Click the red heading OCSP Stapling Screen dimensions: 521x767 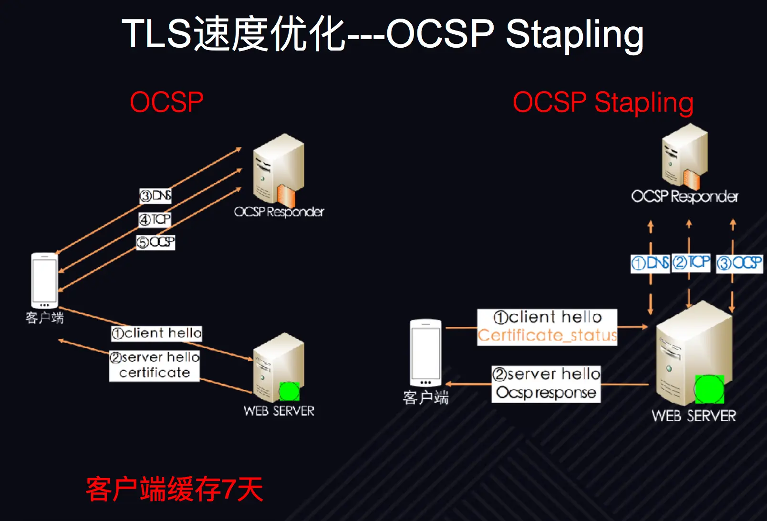tap(603, 103)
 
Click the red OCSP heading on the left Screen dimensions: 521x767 tap(166, 102)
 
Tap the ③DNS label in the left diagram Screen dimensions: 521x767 tap(155, 196)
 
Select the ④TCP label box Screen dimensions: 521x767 tap(155, 219)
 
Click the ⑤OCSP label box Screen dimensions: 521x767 tap(156, 242)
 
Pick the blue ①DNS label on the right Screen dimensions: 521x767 tap(650, 263)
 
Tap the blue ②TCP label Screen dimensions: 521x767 tap(691, 262)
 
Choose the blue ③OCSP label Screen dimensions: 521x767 tap(739, 263)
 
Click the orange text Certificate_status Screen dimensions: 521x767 tap(547, 335)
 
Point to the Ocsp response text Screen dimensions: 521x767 tap(546, 393)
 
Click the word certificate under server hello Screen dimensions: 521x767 tap(155, 373)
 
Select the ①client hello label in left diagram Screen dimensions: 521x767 tap(156, 333)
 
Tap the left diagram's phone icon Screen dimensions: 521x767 tap(44, 281)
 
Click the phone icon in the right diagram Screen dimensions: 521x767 tap(425, 353)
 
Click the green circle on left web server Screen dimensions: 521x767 tap(289, 391)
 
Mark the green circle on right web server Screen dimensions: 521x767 tap(709, 389)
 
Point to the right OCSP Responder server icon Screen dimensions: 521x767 tap(684, 157)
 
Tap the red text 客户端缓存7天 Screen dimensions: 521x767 tap(175, 490)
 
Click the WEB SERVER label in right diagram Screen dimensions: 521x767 tap(694, 416)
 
